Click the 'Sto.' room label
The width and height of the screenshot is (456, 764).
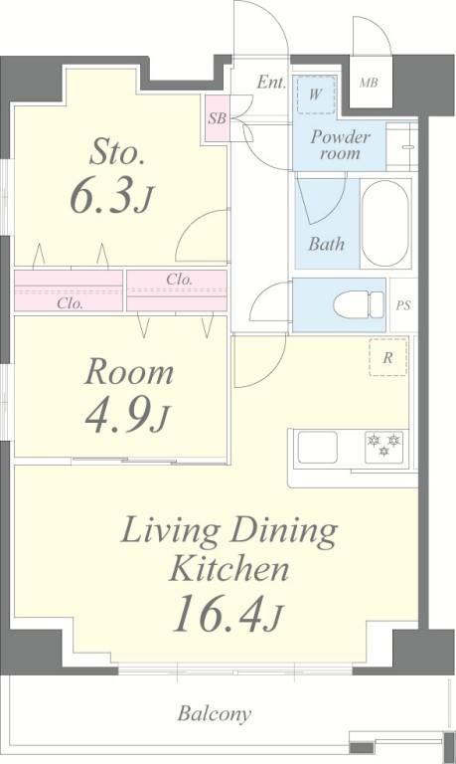tap(117, 152)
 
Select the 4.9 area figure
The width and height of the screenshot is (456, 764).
tap(127, 417)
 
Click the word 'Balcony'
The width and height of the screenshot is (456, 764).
tap(215, 714)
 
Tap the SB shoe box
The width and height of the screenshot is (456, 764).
tap(217, 118)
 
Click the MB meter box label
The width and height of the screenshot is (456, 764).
tap(369, 83)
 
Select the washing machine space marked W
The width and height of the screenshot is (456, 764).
tap(316, 95)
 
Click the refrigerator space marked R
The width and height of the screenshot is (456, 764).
tap(387, 358)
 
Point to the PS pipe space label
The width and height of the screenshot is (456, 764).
tap(403, 305)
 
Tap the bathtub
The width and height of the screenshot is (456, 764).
tap(385, 224)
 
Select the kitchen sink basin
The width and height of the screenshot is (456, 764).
tap(317, 447)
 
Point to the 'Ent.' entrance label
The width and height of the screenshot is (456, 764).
tap(271, 82)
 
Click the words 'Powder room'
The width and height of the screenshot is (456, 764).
tap(340, 145)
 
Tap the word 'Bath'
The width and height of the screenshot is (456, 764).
tap(326, 244)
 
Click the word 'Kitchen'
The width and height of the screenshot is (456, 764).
tap(228, 569)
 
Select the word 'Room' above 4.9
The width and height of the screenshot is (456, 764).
tap(129, 373)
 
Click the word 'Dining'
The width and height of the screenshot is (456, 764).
tap(284, 532)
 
